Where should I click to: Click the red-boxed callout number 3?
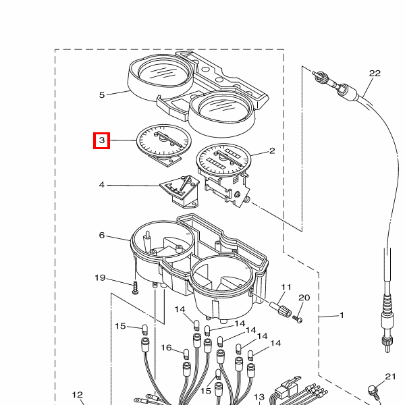click(x=102, y=140)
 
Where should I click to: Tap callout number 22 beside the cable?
click(x=375, y=74)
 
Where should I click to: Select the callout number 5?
click(x=102, y=95)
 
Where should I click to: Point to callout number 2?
click(x=272, y=151)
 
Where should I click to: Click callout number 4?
click(x=102, y=185)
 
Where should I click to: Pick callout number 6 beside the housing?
click(x=102, y=236)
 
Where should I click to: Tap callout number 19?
click(x=100, y=278)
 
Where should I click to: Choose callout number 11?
click(x=286, y=288)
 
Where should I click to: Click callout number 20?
click(x=304, y=298)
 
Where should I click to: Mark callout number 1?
click(x=342, y=315)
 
